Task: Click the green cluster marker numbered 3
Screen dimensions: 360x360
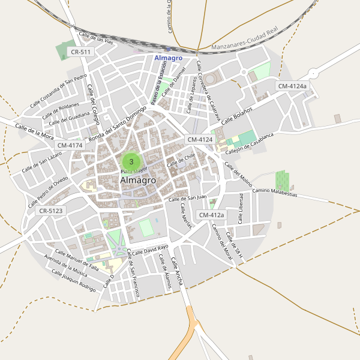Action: (131, 161)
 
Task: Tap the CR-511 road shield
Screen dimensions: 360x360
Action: (80, 52)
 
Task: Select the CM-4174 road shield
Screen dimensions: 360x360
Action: (70, 145)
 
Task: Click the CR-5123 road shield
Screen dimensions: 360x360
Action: (50, 211)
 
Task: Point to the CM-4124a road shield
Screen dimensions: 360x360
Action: (292, 86)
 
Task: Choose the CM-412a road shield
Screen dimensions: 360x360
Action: (211, 215)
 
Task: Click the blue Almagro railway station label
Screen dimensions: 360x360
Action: (168, 58)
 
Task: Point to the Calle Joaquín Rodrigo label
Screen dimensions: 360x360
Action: (73, 280)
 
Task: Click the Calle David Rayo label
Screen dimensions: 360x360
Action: (150, 250)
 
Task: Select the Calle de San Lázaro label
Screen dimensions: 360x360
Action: (42, 162)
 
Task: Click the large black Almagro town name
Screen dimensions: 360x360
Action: (138, 180)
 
